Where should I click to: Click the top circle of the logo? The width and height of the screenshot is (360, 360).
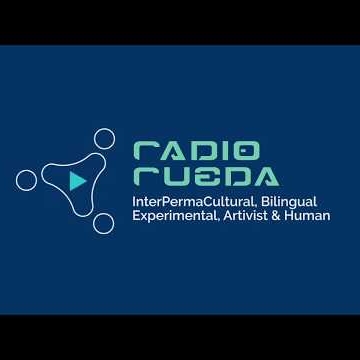coord(104,140)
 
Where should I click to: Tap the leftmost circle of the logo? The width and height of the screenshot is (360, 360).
coord(27,180)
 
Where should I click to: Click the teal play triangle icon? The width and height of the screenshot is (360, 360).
coord(77,181)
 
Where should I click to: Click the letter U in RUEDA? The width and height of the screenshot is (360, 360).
coord(176,177)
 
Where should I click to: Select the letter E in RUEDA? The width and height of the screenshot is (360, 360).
coord(206,177)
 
